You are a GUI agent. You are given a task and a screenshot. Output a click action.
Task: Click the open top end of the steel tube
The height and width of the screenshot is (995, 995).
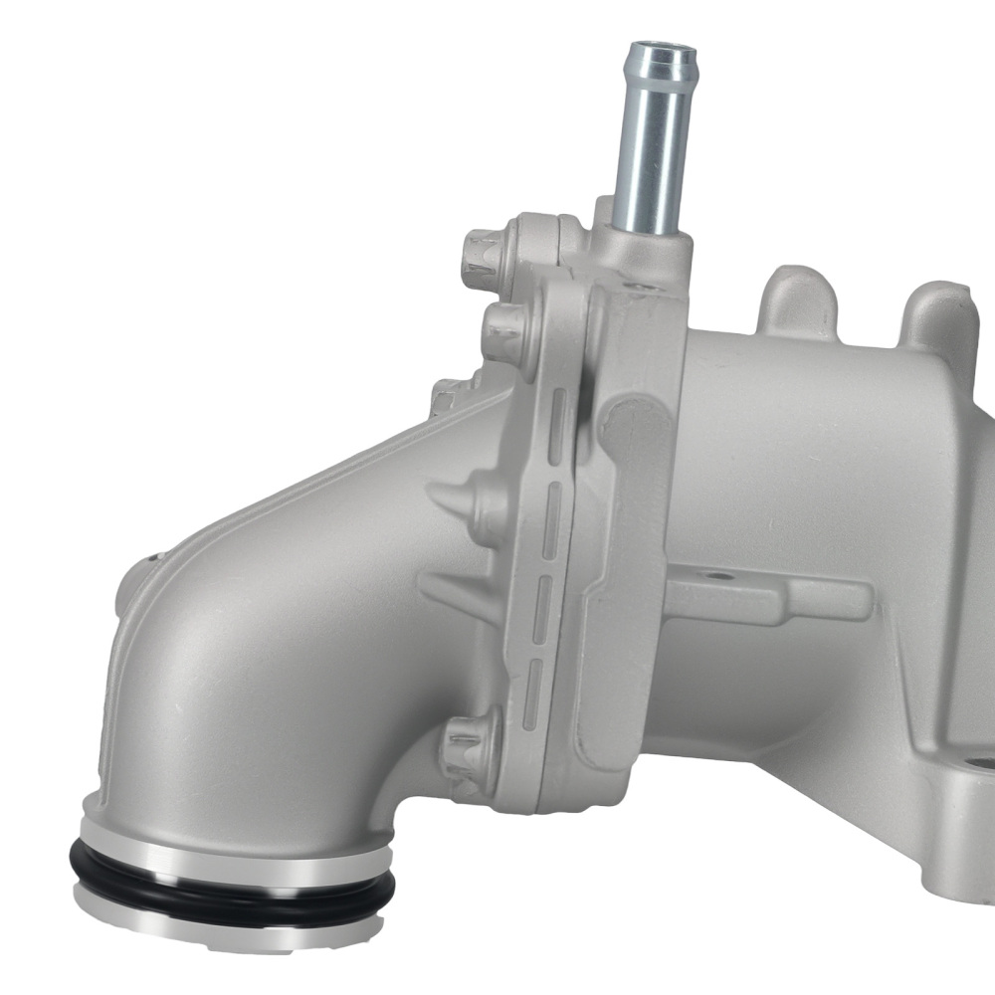[661, 49]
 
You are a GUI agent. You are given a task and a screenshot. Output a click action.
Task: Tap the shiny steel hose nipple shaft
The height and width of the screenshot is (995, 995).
[651, 149]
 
